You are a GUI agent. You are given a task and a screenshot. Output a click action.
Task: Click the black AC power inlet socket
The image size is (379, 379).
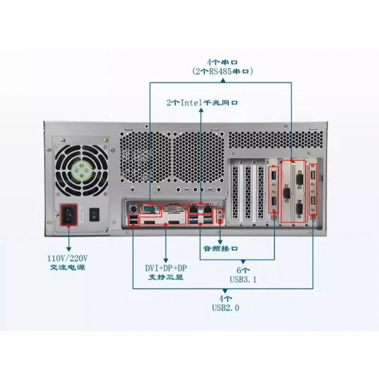click(69, 215)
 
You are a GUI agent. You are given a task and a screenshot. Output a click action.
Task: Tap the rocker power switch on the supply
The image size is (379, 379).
click(94, 215)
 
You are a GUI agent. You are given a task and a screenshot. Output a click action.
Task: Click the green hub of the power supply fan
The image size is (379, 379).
click(81, 169)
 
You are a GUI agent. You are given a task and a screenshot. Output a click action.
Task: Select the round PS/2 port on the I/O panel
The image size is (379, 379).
click(133, 208)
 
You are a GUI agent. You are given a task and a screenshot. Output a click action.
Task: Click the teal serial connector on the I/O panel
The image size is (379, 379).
click(149, 208)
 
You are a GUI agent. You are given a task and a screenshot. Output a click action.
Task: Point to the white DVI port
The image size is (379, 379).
click(174, 208)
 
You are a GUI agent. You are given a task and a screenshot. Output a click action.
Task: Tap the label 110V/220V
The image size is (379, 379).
click(67, 258)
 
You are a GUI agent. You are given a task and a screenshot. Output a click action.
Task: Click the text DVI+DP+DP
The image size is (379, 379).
click(166, 268)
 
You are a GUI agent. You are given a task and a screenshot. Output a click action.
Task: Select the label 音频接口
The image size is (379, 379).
click(220, 248)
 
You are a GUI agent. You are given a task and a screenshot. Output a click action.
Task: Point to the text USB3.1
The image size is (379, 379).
click(243, 280)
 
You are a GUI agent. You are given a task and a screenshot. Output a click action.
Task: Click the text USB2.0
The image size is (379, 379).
click(226, 307)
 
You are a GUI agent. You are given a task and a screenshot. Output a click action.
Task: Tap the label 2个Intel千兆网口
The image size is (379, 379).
click(202, 103)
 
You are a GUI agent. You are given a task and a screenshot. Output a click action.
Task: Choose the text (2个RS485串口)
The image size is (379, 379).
click(223, 72)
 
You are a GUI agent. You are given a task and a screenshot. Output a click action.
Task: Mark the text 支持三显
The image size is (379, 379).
click(166, 277)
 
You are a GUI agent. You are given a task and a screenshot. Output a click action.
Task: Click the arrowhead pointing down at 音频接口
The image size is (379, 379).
click(220, 242)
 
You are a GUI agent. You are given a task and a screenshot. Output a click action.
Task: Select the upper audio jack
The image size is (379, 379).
click(220, 212)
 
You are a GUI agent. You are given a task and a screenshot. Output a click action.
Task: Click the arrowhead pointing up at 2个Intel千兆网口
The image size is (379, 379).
click(201, 110)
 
